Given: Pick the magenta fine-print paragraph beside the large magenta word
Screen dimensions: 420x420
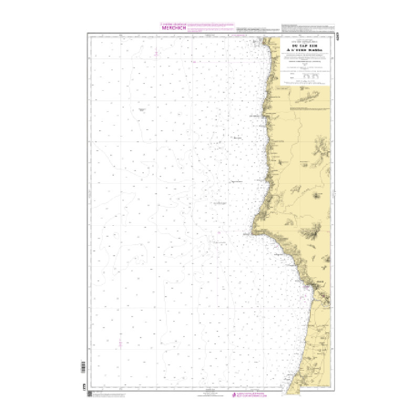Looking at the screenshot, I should tap(210, 27).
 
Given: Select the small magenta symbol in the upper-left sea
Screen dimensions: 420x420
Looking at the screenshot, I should tap(156, 54).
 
